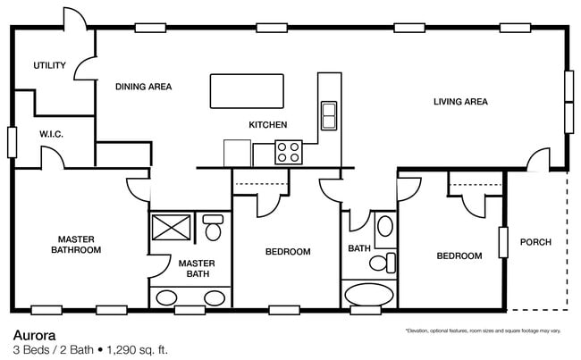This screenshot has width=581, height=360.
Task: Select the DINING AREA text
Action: (143, 87)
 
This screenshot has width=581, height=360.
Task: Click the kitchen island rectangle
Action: (247, 90)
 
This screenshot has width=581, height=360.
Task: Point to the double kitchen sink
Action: (328, 115)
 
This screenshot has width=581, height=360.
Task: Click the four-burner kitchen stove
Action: (288, 152)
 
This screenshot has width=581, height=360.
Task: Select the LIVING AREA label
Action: (460, 102)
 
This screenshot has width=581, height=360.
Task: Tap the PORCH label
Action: (535, 242)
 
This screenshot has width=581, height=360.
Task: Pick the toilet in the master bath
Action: (213, 229)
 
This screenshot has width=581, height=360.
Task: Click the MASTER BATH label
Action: (193, 268)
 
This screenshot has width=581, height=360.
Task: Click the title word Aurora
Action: (33, 334)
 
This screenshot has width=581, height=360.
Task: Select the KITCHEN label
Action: (267, 124)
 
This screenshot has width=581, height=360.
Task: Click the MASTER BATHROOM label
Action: (79, 245)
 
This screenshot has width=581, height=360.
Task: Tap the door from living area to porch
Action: (538, 161)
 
